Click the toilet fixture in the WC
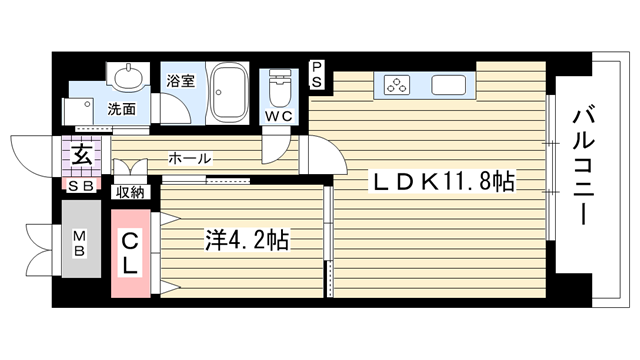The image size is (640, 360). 280,88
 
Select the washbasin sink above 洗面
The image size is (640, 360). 128,76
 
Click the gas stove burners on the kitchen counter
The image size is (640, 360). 397,85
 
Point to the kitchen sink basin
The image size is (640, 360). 449,85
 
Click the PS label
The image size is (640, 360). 317,74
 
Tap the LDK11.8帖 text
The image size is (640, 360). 442,181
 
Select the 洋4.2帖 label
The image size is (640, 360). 247,240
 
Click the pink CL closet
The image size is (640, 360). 131,253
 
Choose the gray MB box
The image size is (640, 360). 81,239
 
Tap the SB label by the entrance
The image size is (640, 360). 81,186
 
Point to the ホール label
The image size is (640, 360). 190,158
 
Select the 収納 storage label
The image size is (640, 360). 130,192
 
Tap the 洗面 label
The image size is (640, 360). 121,109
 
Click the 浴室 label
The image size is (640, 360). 180,80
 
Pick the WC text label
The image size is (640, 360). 279,116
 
